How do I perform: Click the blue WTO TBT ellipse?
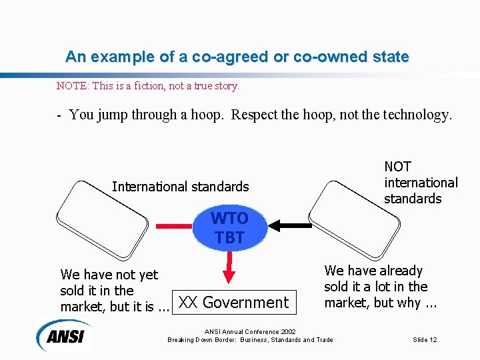tap(229, 227)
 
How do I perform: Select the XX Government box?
tap(233, 303)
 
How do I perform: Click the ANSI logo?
tap(65, 335)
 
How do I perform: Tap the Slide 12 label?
tap(425, 340)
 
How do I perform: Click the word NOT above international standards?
tap(398, 167)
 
